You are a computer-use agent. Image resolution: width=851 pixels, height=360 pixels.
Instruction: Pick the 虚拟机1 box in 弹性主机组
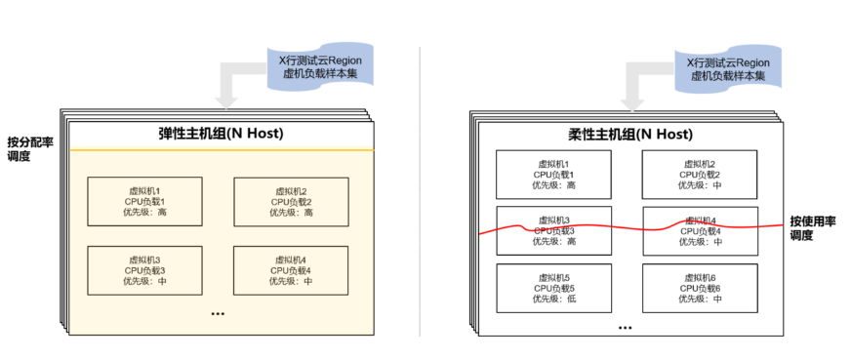[144, 201]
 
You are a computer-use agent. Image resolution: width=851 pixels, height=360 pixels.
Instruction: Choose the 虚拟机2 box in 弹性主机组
[290, 201]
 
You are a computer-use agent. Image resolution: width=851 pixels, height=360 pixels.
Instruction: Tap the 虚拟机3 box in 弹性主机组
[144, 269]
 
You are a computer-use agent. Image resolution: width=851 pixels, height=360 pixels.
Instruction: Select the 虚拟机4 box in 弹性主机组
[290, 269]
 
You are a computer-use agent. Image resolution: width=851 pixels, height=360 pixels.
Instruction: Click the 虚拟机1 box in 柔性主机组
[553, 175]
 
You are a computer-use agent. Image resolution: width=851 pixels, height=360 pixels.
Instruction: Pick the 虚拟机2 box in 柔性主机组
[700, 175]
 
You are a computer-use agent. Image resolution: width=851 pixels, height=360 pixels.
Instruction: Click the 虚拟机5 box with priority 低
[553, 288]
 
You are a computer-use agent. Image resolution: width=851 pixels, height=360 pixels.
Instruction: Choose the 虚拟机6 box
[700, 288]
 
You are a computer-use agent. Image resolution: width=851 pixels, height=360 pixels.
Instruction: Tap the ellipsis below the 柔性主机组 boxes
[627, 328]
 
